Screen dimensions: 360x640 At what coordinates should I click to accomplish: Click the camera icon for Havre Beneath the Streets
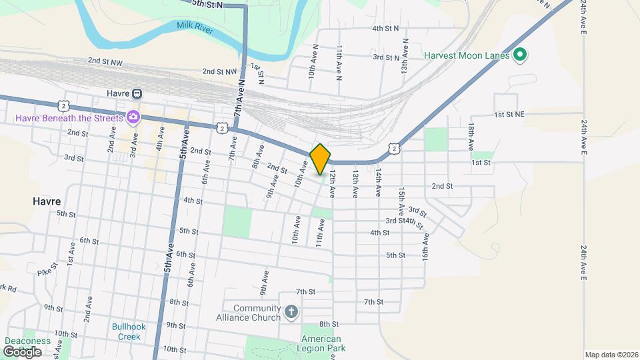click(x=133, y=118)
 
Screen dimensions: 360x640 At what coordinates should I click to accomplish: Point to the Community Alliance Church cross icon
click(x=290, y=312)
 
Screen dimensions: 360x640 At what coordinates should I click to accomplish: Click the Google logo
click(x=22, y=351)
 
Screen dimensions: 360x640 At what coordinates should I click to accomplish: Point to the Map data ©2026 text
click(x=611, y=355)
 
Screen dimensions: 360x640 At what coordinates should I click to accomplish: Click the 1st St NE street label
click(x=509, y=115)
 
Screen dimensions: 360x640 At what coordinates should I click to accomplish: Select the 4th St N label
click(x=385, y=29)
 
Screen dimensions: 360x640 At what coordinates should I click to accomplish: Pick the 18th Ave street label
click(x=471, y=135)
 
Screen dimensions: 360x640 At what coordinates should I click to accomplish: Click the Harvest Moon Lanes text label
click(x=467, y=55)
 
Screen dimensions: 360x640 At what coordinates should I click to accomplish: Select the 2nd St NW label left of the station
click(x=105, y=61)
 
